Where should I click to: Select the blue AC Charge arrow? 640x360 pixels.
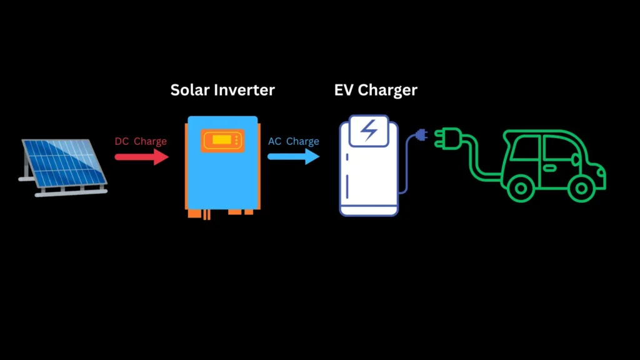[294, 156]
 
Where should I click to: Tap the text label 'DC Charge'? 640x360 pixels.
[141, 141]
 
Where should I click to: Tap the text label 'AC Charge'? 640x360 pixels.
[294, 141]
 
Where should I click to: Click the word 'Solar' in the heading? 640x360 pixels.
[191, 90]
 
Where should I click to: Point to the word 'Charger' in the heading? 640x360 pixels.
[387, 90]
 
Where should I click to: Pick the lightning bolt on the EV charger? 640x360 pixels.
[369, 130]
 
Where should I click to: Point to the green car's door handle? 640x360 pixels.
[549, 167]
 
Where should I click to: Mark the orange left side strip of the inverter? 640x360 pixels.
[187, 166]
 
